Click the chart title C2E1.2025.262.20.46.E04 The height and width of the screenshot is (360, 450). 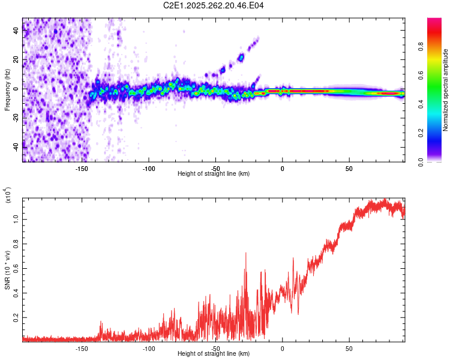click(214, 6)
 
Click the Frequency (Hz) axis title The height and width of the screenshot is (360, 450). click(7, 90)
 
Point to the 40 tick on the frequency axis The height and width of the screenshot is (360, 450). click(17, 32)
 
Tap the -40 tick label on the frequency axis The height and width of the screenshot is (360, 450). click(16, 145)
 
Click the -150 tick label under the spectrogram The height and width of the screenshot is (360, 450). click(82, 169)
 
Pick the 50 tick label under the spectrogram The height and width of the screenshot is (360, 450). click(349, 169)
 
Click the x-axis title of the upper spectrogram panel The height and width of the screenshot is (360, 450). click(214, 174)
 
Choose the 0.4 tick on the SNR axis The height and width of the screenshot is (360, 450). click(17, 293)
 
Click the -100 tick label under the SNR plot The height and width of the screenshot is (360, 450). click(149, 349)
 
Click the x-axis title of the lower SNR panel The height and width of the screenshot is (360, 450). click(214, 354)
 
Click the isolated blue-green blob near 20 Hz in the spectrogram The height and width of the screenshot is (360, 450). click(241, 58)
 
